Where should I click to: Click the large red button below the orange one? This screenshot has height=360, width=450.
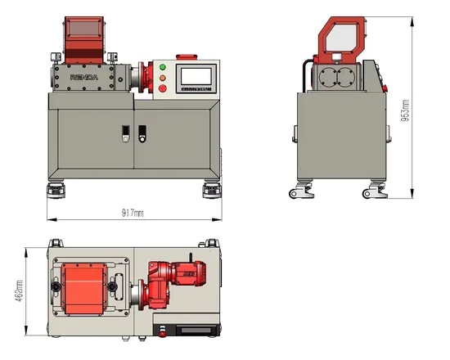coord(161,88)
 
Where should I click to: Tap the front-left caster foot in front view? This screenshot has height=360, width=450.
coord(56,191)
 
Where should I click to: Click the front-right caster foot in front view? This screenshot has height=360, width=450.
coord(209,191)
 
